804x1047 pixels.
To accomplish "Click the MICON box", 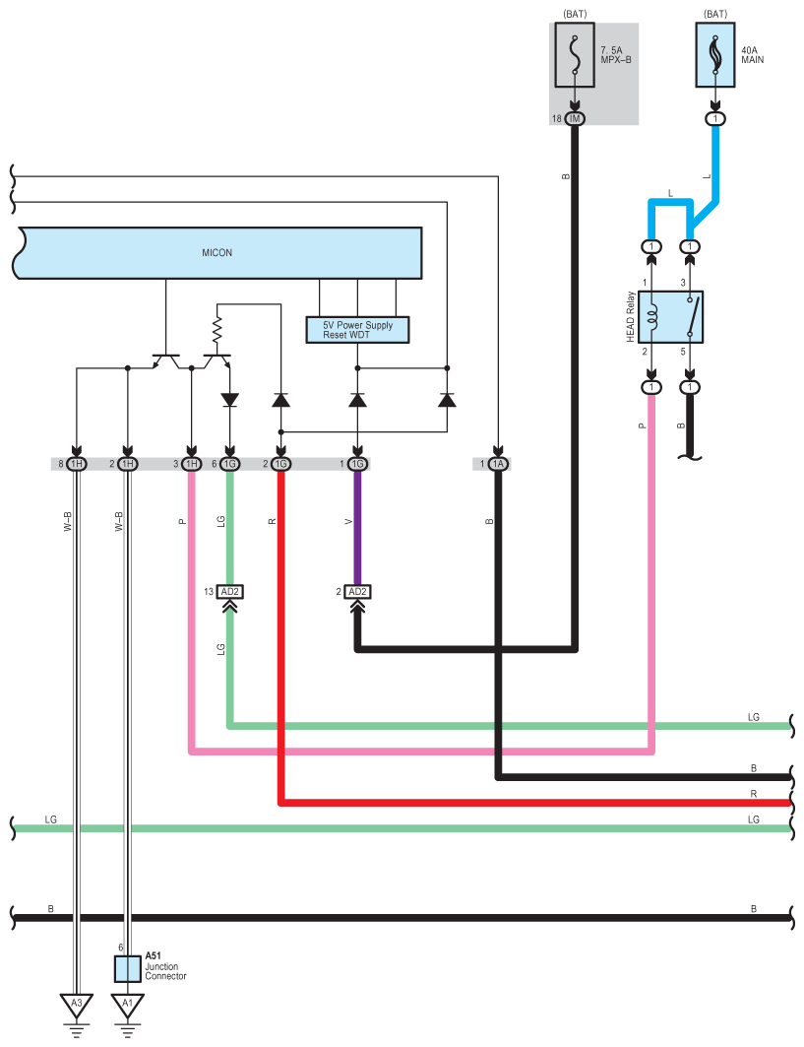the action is [x=217, y=253].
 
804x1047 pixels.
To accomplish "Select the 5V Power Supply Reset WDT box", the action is [x=357, y=330].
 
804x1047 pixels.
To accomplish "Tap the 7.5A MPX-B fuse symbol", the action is [x=575, y=55].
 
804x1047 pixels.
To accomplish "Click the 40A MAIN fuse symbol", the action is [x=715, y=55].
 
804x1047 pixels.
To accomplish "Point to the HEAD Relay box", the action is [x=670, y=317].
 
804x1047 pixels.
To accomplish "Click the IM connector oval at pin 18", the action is [x=575, y=119].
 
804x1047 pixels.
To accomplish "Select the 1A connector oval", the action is [x=498, y=464].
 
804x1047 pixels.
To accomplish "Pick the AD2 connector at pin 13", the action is [x=229, y=592].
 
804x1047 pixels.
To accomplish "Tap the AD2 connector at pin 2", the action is [x=357, y=592].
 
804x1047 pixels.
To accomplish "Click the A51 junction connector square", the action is [x=127, y=969].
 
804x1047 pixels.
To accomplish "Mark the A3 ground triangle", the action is [x=76, y=1006].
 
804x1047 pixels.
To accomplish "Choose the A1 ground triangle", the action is [x=127, y=1006].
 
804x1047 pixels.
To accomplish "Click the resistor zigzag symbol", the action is [x=216, y=329].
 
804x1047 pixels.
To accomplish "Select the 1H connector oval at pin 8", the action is [x=76, y=464].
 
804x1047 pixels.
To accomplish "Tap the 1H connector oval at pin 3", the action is [x=192, y=464].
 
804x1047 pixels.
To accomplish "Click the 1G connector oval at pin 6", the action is [x=229, y=464].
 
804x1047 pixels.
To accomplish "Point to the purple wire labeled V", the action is [x=357, y=528].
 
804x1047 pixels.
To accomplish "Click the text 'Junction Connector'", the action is [x=165, y=971].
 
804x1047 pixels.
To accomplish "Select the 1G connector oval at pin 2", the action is [x=280, y=464].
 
